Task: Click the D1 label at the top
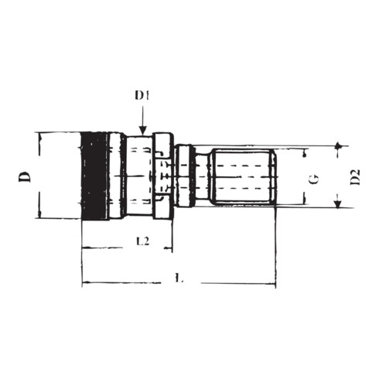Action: (x=142, y=96)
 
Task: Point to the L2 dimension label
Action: (x=143, y=241)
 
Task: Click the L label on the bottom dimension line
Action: (x=179, y=278)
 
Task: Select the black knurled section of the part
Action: (x=94, y=176)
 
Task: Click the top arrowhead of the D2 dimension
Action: (x=338, y=148)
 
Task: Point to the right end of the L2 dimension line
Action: (x=172, y=249)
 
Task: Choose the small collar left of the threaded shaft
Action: (x=184, y=176)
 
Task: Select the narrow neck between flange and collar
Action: (x=173, y=176)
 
